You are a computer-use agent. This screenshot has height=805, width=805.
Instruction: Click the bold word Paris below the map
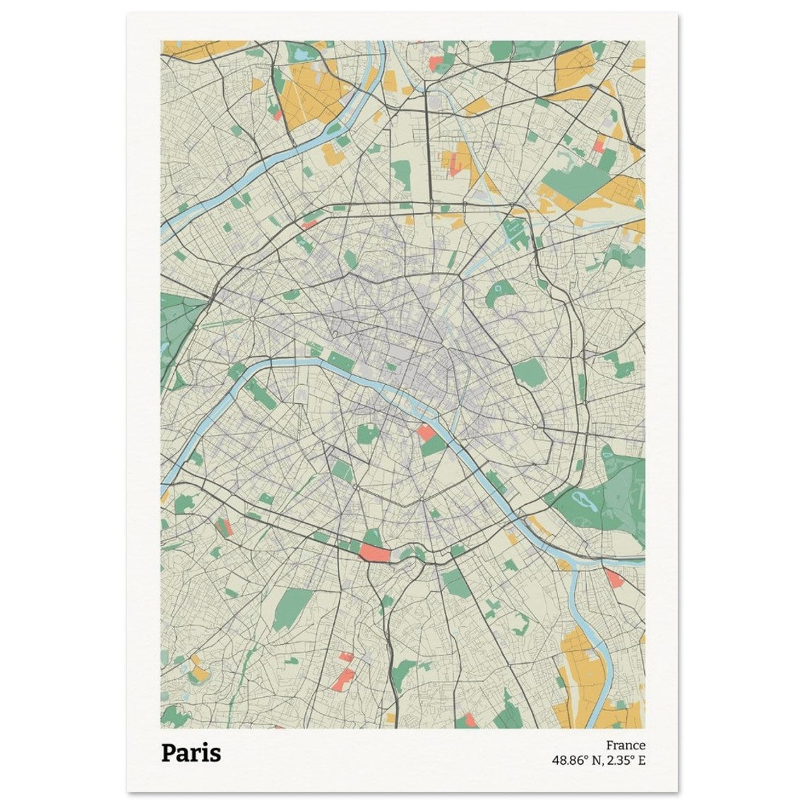[x=191, y=753]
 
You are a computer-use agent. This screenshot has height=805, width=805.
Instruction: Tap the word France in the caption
[x=625, y=745]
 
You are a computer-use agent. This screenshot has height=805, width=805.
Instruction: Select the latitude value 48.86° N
[x=576, y=761]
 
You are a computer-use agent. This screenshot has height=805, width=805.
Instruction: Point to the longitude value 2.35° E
[x=625, y=761]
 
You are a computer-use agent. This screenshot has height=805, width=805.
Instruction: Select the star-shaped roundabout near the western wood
[x=252, y=318]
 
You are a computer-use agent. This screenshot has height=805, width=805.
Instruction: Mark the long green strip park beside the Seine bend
[x=263, y=395]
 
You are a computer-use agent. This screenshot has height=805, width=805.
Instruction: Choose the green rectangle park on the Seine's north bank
[x=341, y=363]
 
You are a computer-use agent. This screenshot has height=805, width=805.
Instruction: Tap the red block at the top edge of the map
[x=435, y=64]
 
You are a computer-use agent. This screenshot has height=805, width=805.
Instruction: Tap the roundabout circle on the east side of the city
[x=535, y=427]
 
